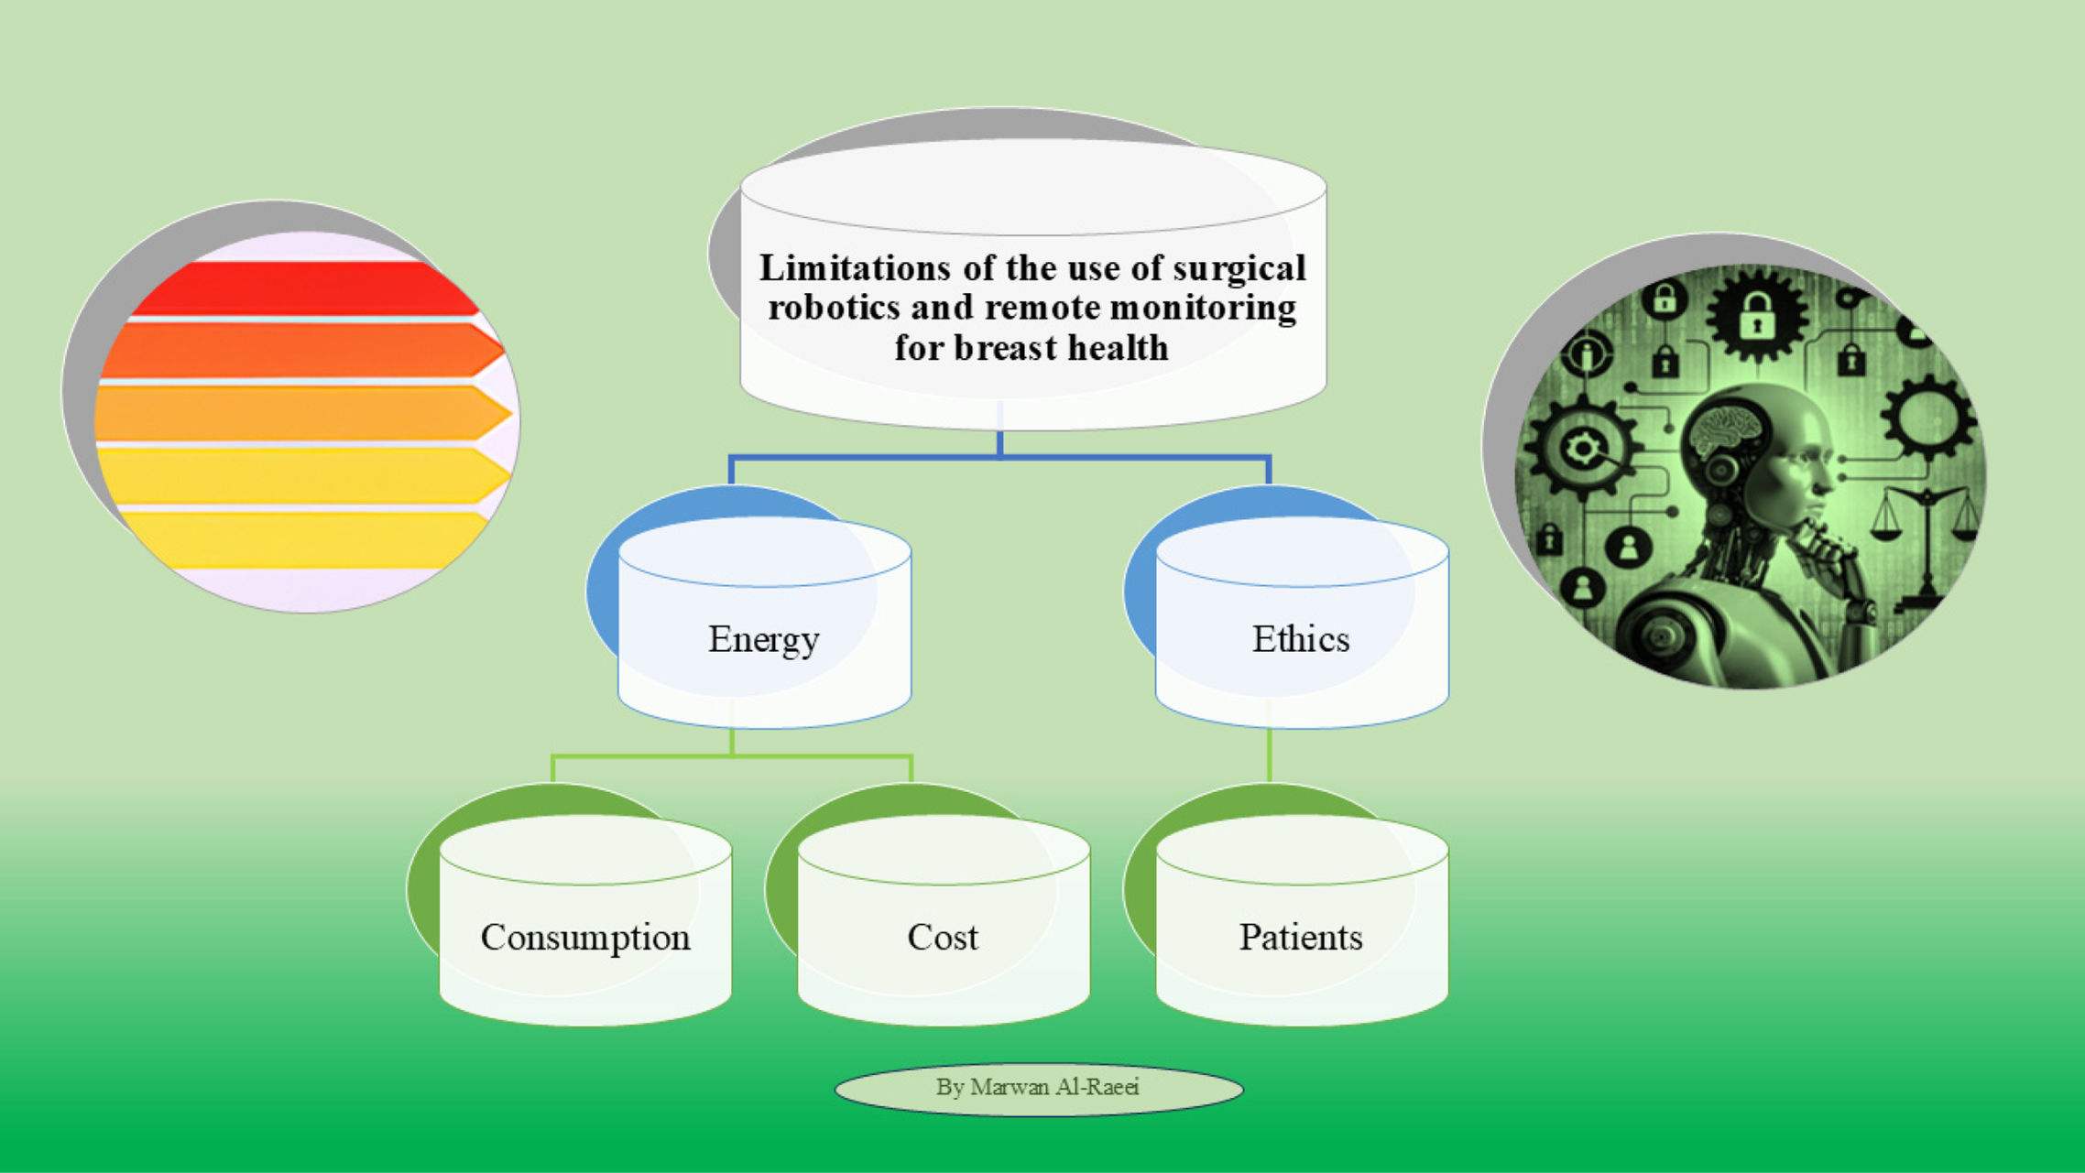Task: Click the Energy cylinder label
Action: [x=763, y=639]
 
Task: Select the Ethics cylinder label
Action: [x=1300, y=639]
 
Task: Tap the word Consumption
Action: [x=585, y=938]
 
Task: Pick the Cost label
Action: [x=943, y=938]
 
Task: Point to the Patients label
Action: [x=1300, y=938]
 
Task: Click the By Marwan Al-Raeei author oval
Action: [x=1038, y=1088]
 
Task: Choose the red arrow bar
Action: [x=302, y=289]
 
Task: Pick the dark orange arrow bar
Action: [x=302, y=351]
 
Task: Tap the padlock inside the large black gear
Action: [x=1756, y=317]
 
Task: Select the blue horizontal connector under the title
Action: [x=999, y=456]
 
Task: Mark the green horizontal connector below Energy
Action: [x=733, y=756]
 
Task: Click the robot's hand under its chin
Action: [x=1823, y=549]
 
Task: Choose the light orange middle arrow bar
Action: [x=302, y=413]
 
